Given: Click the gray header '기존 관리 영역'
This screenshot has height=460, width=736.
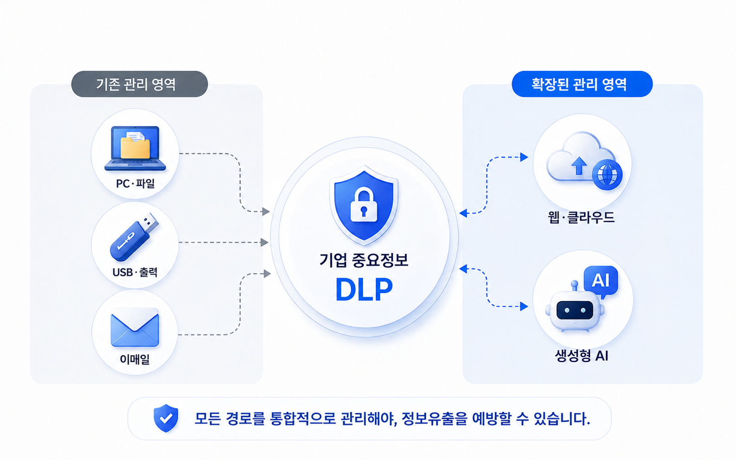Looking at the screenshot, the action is coord(139,84).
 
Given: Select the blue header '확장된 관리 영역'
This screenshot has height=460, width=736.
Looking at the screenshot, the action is coord(582,84).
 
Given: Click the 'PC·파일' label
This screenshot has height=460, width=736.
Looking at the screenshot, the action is coord(135,183).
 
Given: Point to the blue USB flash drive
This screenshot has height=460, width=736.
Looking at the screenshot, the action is coord(134,237).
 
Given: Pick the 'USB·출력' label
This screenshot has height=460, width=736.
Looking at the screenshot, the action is coord(135,272).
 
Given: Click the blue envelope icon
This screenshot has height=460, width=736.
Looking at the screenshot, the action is coord(135,328).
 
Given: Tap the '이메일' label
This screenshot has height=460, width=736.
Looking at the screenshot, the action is coord(135,359).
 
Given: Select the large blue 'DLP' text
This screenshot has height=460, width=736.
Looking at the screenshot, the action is coord(364,289).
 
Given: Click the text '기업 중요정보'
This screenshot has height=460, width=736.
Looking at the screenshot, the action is coord(364,260).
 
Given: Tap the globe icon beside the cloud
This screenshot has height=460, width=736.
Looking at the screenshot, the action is coord(607,175).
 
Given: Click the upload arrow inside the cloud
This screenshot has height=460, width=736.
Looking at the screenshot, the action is coord(579,166).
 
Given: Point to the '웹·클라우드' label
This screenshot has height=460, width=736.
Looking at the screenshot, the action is coord(581,217).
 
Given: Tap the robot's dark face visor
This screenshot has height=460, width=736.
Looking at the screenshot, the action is coord(575,310).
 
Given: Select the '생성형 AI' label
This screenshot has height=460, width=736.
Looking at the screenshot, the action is coord(581,356).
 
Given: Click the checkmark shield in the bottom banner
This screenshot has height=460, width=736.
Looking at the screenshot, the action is coord(166,418).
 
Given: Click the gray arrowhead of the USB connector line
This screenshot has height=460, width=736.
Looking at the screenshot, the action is coord(265,243).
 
